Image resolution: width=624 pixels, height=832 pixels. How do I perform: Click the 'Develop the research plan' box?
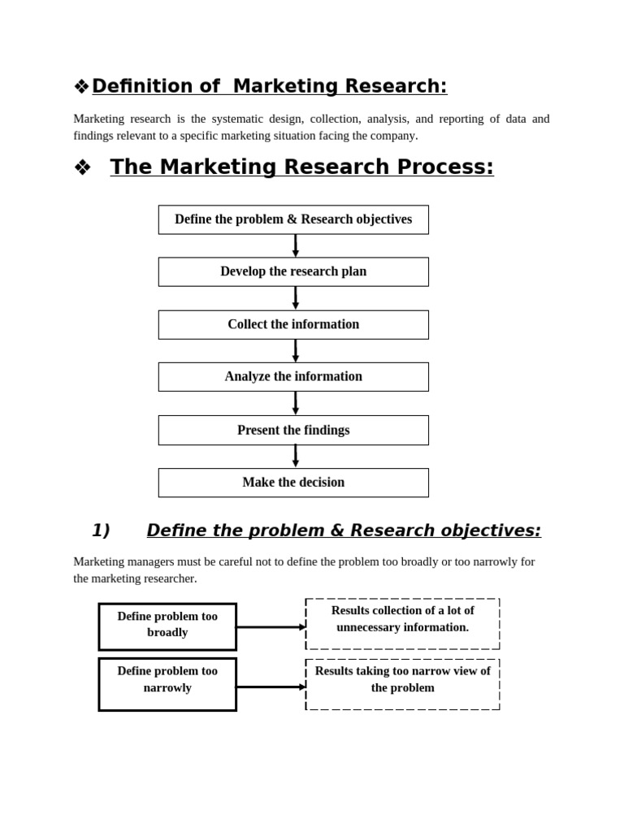click(x=293, y=271)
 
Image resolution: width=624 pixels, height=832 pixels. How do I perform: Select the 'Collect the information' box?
click(x=293, y=324)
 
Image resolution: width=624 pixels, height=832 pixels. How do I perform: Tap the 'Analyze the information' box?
click(x=293, y=376)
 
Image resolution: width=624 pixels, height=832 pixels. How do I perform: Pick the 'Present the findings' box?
click(x=293, y=430)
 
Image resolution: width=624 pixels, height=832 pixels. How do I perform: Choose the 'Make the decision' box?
click(x=293, y=482)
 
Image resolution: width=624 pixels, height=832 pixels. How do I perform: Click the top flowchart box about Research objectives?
click(x=293, y=219)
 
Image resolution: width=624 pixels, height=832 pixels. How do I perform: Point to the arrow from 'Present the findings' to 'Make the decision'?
click(x=296, y=456)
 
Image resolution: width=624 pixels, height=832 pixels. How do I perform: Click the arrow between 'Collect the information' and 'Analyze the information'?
click(x=296, y=350)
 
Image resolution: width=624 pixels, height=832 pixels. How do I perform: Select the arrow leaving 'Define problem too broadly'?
click(x=271, y=627)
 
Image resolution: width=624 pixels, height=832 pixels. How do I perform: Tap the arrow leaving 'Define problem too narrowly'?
click(x=271, y=687)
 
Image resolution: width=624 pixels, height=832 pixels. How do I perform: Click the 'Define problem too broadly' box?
click(x=167, y=626)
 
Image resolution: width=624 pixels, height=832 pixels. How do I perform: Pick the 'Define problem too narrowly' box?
click(x=167, y=683)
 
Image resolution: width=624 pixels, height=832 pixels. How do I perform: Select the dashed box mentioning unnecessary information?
click(x=402, y=623)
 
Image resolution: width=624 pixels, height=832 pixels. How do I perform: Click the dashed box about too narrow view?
click(x=402, y=683)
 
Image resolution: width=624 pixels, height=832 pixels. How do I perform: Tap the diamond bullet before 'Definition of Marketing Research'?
click(x=81, y=87)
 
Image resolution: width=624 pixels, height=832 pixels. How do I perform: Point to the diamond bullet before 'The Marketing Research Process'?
click(x=82, y=168)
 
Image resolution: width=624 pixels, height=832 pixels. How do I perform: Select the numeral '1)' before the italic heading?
click(x=101, y=531)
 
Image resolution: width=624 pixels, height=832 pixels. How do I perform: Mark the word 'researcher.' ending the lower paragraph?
click(x=169, y=578)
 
